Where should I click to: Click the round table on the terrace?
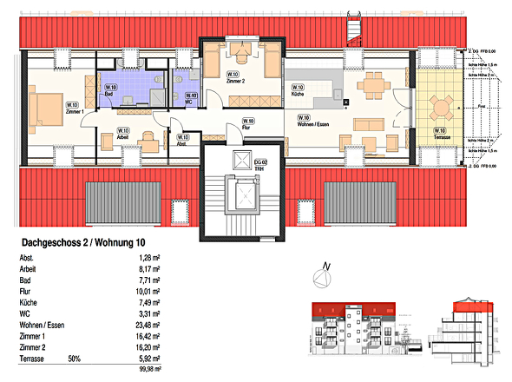click(x=441, y=108)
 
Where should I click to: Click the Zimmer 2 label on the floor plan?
click(x=235, y=79)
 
